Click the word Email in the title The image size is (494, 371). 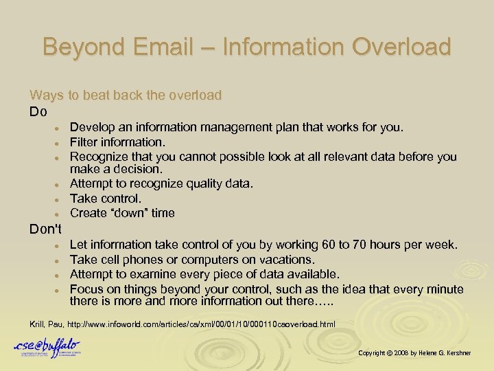[x=165, y=47]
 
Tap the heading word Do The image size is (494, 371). [x=38, y=111]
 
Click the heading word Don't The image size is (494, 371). [x=45, y=229]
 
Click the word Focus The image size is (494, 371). [x=87, y=289]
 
